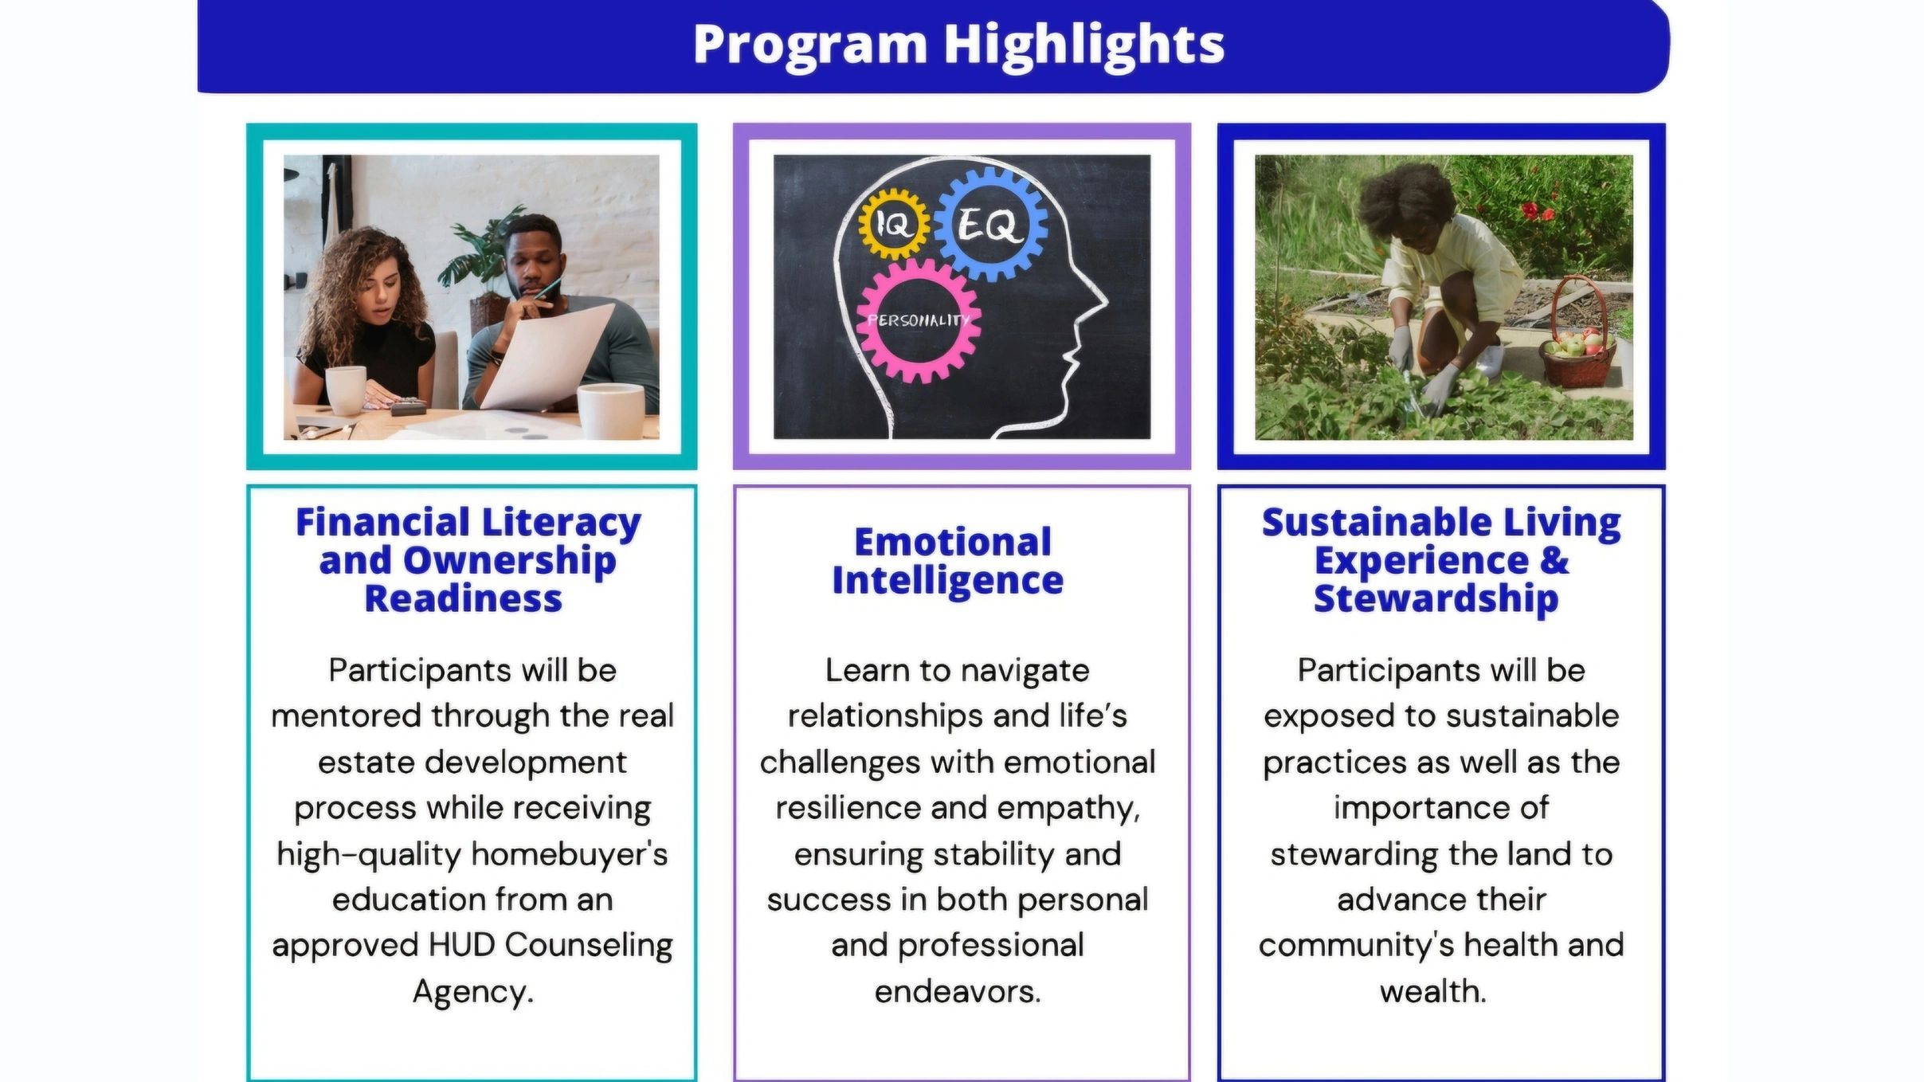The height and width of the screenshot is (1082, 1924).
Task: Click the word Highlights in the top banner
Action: click(x=1083, y=45)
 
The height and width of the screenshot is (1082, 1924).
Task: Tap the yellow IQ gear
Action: click(x=894, y=224)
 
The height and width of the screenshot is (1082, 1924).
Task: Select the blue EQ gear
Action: click(x=989, y=224)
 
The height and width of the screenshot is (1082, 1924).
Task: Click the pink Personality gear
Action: click(x=919, y=320)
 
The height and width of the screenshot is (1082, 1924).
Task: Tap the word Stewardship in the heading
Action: click(x=1436, y=599)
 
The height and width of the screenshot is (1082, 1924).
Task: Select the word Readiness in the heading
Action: click(x=464, y=599)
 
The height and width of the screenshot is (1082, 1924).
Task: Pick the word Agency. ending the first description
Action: click(x=473, y=992)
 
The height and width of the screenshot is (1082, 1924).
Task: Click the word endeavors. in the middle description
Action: click(x=958, y=992)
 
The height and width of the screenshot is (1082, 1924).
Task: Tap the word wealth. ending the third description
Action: click(x=1433, y=992)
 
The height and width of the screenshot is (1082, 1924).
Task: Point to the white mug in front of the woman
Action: click(x=346, y=390)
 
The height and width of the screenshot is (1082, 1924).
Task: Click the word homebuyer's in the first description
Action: click(x=570, y=855)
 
